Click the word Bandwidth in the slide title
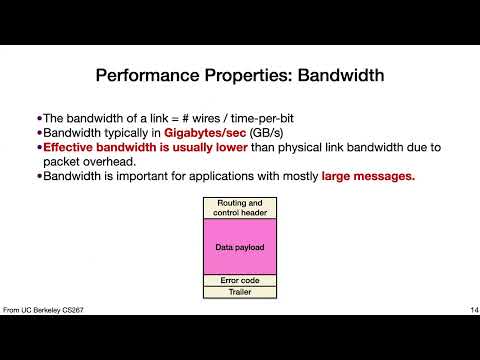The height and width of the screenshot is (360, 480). [341, 75]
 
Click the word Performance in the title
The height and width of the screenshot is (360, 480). [148, 75]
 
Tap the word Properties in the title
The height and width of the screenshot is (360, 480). [248, 76]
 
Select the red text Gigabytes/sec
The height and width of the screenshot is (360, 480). [205, 133]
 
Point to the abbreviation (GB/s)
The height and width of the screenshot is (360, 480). [266, 133]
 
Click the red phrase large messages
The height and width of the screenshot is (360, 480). [368, 176]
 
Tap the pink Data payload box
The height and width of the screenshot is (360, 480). [240, 247]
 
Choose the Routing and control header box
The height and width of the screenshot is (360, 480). [240, 208]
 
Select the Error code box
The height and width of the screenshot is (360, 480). [240, 280]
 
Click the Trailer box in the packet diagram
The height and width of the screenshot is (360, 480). [240, 292]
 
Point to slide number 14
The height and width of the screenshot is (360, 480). [474, 310]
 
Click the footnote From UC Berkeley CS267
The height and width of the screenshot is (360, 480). [43, 310]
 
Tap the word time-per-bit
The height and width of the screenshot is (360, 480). [262, 119]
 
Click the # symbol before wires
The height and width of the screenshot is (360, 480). [185, 118]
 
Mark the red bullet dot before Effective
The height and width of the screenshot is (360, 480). [40, 147]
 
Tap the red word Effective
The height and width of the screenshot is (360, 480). [68, 147]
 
